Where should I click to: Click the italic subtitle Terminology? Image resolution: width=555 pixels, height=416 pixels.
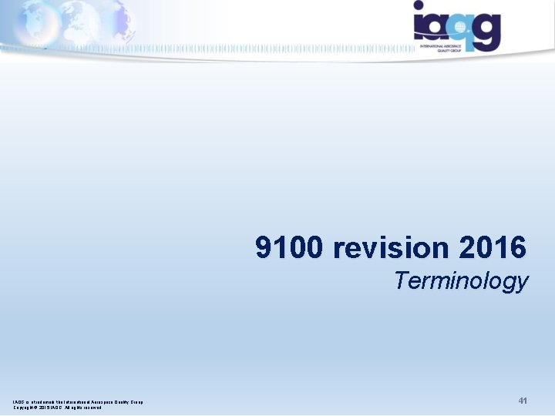(461, 281)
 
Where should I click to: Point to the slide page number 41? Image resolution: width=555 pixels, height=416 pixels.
(522, 401)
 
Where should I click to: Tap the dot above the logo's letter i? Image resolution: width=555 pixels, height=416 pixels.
(419, 6)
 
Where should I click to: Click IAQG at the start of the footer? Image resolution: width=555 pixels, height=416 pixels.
(18, 401)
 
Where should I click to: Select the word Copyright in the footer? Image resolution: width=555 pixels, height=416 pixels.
(24, 408)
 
